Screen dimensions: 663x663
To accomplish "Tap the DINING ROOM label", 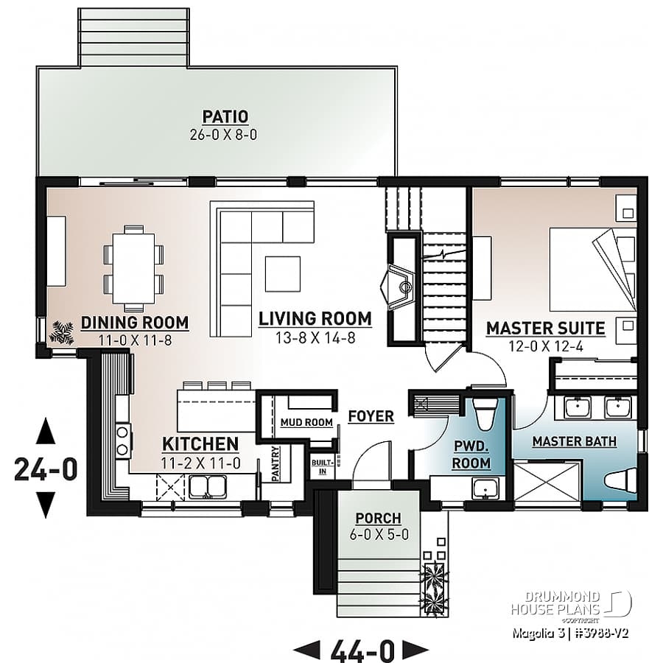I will point(135,323).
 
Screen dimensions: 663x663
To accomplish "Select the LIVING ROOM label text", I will point(315,318).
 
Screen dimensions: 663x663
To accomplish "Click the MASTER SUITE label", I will point(545,329).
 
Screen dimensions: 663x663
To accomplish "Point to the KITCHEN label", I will point(200,444).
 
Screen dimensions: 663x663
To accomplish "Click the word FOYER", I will point(371,416).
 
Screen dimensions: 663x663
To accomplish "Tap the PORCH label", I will point(378,518).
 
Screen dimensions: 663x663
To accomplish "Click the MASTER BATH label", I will point(574,441).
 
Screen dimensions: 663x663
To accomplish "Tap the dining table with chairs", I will point(133,268).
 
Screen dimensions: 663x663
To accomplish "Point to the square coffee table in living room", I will point(283,273).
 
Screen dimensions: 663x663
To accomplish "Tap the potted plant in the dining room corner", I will point(60,332).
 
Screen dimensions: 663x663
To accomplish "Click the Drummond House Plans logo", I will point(571,602).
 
